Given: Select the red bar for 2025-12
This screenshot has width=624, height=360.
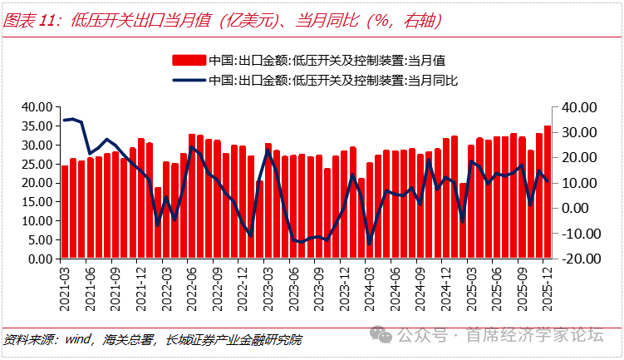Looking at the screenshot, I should click(548, 192).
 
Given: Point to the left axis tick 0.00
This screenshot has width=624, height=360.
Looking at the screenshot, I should click(39, 259).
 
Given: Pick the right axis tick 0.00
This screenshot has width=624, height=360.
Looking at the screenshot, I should click(579, 208).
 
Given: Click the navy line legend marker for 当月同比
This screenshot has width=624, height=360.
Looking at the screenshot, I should click(189, 80).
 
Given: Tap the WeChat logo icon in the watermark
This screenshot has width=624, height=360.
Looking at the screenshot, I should click(384, 335).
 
